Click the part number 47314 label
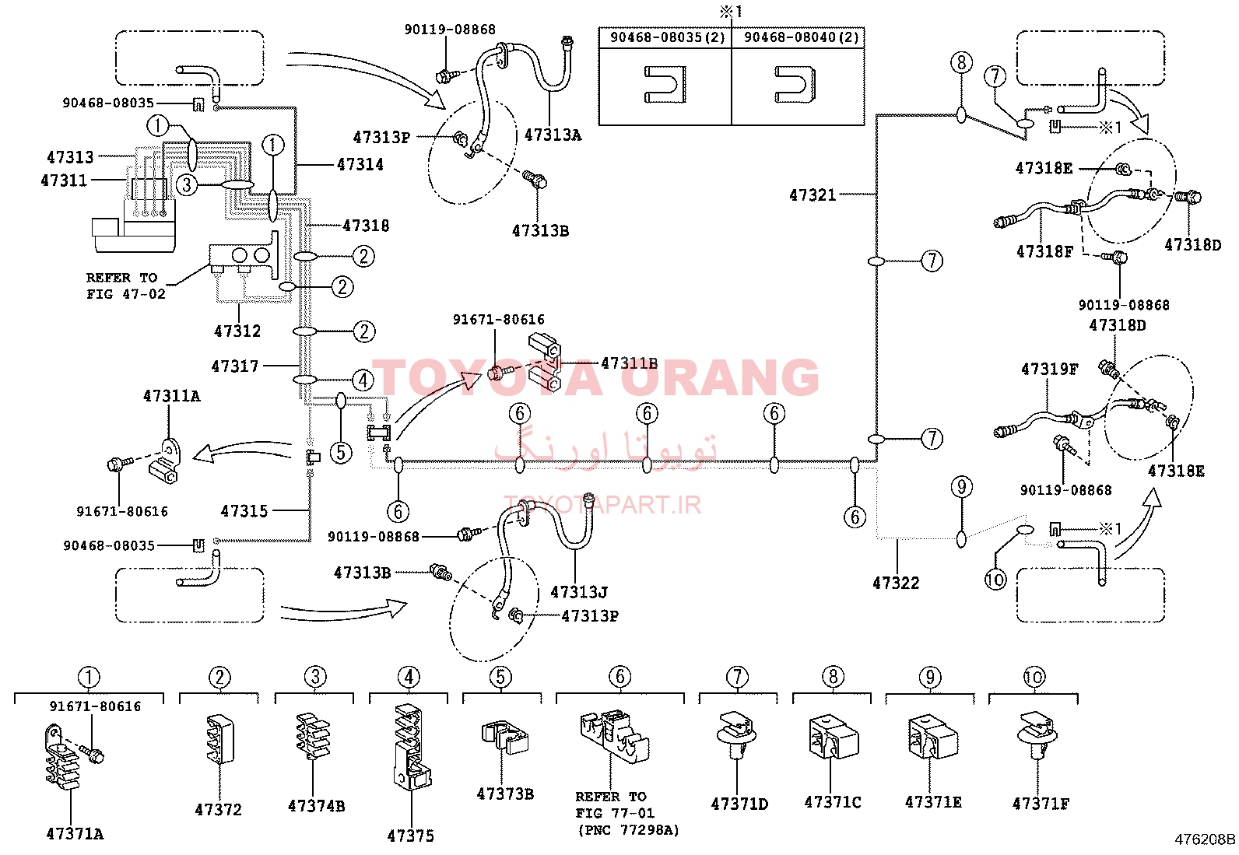coord(360,164)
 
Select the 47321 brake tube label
coord(813,194)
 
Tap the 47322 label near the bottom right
coord(896,583)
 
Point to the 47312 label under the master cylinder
coord(237,331)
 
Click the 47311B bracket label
coord(630,363)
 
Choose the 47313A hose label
coord(553,135)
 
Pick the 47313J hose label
coord(579,592)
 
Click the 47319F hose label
coord(1050,369)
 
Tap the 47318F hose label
coord(1045,251)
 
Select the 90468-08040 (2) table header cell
coord(801,37)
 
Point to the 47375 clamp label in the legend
coord(411,836)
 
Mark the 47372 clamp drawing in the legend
coord(220,739)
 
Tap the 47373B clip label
coord(506,794)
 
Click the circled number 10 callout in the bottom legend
coord(1034,677)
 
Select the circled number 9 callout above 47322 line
coord(962,487)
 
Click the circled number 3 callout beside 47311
coord(187,184)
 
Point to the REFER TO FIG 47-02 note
coord(125,286)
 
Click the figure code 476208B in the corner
coord(1206,840)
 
